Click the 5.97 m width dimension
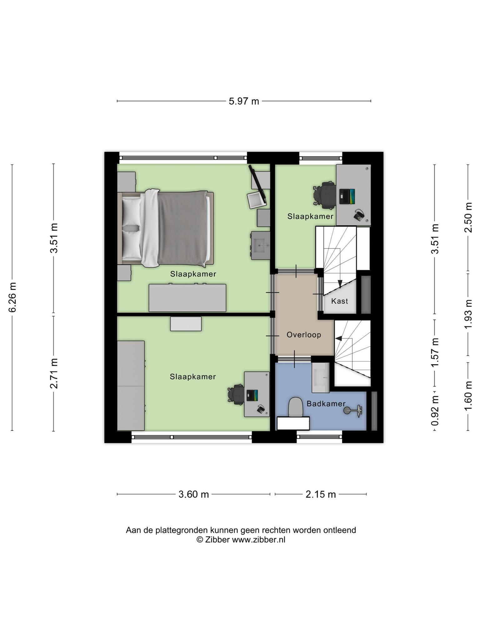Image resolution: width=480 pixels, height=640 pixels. click(x=244, y=101)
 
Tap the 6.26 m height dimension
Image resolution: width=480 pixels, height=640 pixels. click(x=12, y=297)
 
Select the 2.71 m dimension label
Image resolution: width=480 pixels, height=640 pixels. click(x=54, y=373)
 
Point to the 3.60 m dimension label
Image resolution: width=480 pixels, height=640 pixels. click(x=194, y=494)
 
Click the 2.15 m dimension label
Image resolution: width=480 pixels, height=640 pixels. click(x=321, y=494)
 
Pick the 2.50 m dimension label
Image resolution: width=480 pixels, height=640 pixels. click(x=468, y=217)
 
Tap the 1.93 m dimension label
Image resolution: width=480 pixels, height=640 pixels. click(x=468, y=314)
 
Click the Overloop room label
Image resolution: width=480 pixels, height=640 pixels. click(x=304, y=335)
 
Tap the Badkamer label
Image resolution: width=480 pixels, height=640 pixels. click(x=326, y=404)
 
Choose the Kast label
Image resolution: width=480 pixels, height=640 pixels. click(x=340, y=301)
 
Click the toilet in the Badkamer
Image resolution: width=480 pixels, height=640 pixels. click(x=296, y=407)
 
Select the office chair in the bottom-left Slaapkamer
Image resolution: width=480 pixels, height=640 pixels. click(x=236, y=394)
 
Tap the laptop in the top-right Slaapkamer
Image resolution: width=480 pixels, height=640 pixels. click(x=347, y=197)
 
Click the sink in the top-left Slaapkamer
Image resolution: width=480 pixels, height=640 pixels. click(x=260, y=245)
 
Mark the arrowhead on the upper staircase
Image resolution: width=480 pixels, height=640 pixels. click(x=340, y=283)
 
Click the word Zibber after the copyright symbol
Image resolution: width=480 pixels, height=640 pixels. click(x=217, y=540)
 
